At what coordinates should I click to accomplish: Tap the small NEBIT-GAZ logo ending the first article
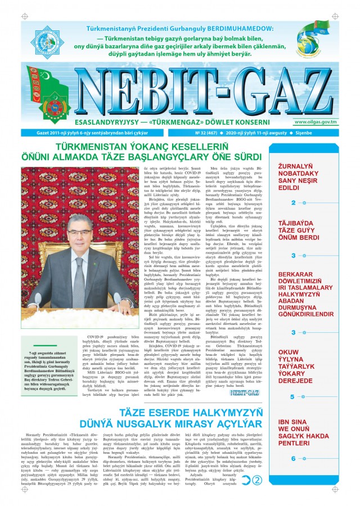230,409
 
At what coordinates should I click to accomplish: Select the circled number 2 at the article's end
258,480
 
